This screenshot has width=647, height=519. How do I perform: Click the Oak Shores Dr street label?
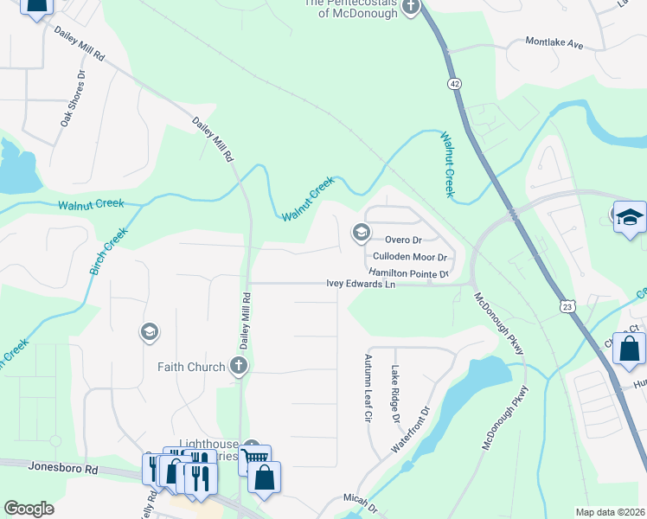pyautogui.click(x=74, y=99)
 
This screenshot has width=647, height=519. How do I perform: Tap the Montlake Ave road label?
pyautogui.click(x=554, y=42)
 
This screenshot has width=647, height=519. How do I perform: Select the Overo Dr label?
pyautogui.click(x=403, y=239)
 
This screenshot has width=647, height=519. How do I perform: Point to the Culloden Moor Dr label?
pyautogui.click(x=409, y=257)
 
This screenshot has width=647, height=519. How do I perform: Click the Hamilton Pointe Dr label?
pyautogui.click(x=410, y=273)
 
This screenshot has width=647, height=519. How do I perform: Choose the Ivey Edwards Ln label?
pyautogui.click(x=361, y=284)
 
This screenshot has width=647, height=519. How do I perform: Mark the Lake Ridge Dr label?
pyautogui.click(x=394, y=394)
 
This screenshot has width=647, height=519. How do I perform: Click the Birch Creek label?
pyautogui.click(x=109, y=251)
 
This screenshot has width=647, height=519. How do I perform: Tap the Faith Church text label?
pyautogui.click(x=191, y=367)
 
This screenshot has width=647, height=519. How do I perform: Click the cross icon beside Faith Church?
pyautogui.click(x=240, y=367)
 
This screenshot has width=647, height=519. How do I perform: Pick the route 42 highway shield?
pyautogui.click(x=454, y=83)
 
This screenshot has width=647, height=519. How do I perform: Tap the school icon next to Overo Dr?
pyautogui.click(x=361, y=232)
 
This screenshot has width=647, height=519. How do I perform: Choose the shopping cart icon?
pyautogui.click(x=254, y=458)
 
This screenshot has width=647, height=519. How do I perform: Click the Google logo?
pyautogui.click(x=29, y=509)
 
